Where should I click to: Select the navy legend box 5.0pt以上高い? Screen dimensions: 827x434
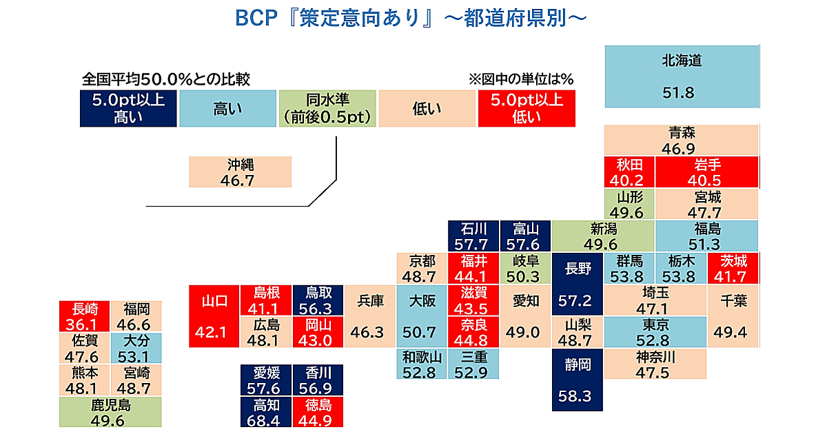128,109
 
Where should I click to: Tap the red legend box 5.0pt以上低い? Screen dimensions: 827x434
527,109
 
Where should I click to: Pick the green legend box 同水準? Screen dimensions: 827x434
327,109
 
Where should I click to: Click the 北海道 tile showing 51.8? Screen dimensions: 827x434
682,76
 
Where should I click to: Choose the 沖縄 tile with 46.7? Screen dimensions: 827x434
240,172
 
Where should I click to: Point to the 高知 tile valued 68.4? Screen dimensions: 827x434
266,412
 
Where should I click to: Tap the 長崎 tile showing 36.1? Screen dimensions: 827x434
84,316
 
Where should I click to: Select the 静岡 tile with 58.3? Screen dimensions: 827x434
577,380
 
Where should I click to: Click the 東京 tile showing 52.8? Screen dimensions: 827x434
655,332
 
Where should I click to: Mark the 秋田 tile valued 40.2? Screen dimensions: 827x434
629,172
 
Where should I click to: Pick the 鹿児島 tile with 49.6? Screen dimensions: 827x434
110,412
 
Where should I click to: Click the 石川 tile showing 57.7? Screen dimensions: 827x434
473,236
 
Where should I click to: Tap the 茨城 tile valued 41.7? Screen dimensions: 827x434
733,268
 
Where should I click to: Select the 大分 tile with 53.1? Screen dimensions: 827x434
136,348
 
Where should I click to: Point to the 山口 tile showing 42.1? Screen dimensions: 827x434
214,316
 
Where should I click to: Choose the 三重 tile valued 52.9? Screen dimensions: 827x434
473,364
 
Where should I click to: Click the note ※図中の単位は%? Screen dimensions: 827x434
521,79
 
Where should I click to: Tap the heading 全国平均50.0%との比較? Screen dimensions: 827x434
166,79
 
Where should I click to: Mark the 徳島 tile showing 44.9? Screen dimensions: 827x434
318,412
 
